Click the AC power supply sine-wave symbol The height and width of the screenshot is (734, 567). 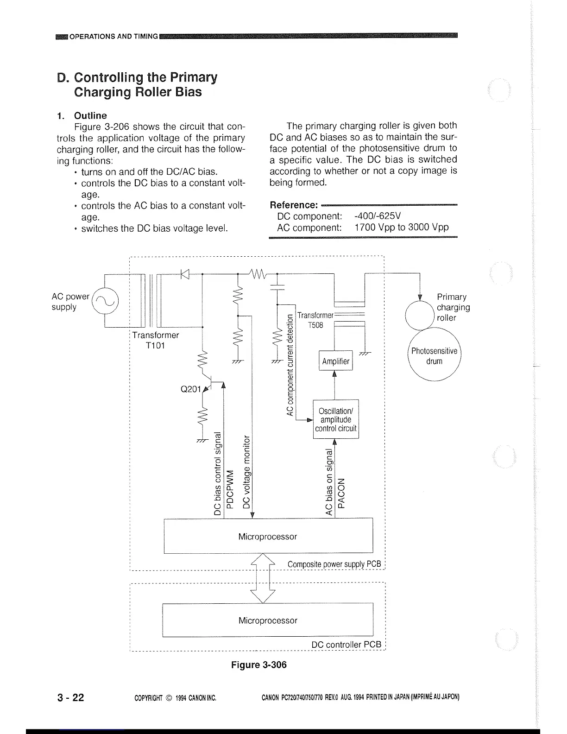[106, 302]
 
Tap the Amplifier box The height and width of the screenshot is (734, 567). [336, 361]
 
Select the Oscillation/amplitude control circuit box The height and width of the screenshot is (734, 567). [336, 419]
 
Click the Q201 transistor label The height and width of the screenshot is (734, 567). [190, 389]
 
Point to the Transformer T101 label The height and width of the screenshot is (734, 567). [155, 340]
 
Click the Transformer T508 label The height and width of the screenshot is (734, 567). [315, 320]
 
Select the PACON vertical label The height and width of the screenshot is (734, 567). [342, 493]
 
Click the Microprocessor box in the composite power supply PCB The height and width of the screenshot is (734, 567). [268, 536]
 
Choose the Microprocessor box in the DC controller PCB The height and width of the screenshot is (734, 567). [268, 620]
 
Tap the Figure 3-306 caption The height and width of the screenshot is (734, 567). [259, 665]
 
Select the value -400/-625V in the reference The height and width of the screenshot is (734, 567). [378, 216]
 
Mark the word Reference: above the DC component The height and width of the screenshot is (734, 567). [294, 205]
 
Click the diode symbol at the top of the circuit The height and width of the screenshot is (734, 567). [185, 274]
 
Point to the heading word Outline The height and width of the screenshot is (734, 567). [90, 115]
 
